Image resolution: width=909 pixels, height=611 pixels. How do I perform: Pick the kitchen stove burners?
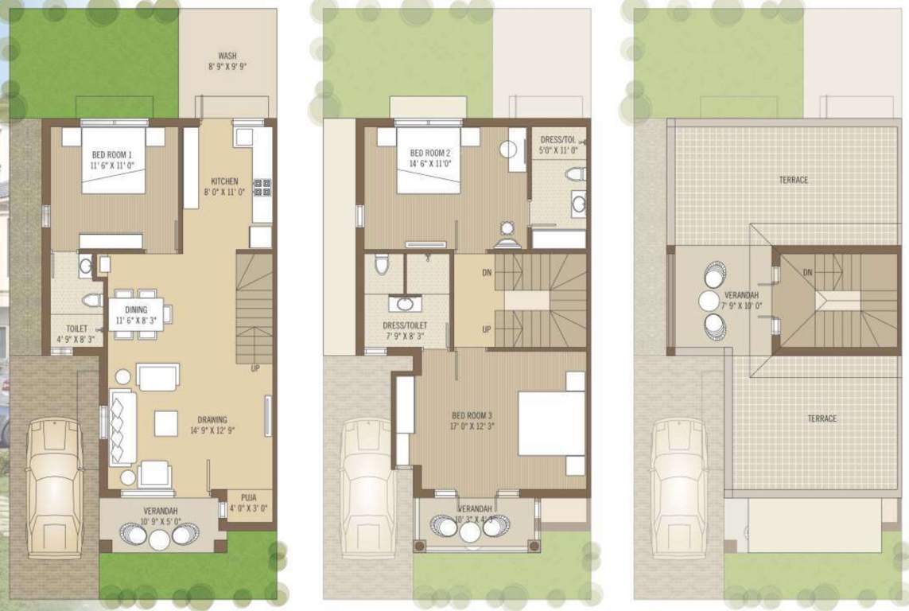point(262,188)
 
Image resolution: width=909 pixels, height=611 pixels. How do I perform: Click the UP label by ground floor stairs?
point(255,368)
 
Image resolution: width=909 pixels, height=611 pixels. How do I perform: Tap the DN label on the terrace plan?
point(807,272)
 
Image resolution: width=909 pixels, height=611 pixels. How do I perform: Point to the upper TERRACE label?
point(793,180)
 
